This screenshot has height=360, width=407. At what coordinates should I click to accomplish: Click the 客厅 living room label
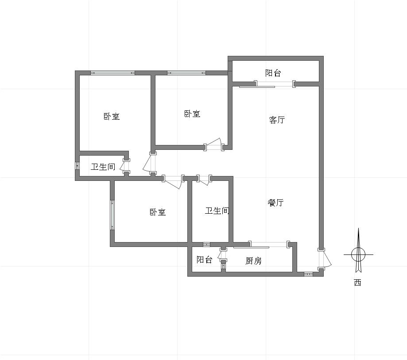(277, 120)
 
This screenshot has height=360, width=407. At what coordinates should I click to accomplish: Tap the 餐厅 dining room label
(275, 203)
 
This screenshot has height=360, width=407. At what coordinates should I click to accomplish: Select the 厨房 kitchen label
(254, 261)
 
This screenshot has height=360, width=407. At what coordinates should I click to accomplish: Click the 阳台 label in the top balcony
(273, 73)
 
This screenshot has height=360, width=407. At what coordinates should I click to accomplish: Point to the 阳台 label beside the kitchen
(205, 260)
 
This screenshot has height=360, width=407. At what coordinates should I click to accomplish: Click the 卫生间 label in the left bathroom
(103, 167)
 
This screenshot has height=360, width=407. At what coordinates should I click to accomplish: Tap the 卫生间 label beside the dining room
(217, 211)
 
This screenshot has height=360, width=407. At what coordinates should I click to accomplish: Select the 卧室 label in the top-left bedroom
(112, 116)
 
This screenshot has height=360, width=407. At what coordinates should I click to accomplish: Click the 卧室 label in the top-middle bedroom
(192, 114)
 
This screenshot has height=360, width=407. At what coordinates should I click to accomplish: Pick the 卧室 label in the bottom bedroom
(158, 212)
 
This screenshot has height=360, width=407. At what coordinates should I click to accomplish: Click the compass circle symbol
(358, 254)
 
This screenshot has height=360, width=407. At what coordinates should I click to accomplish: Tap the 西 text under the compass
(358, 282)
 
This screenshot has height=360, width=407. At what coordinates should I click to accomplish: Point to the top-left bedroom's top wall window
(112, 73)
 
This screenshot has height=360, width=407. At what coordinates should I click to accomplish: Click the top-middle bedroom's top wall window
(186, 73)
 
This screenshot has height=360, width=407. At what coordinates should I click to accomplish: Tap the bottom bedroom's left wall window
(112, 215)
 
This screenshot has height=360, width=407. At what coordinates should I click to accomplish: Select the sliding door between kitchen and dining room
(269, 245)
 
